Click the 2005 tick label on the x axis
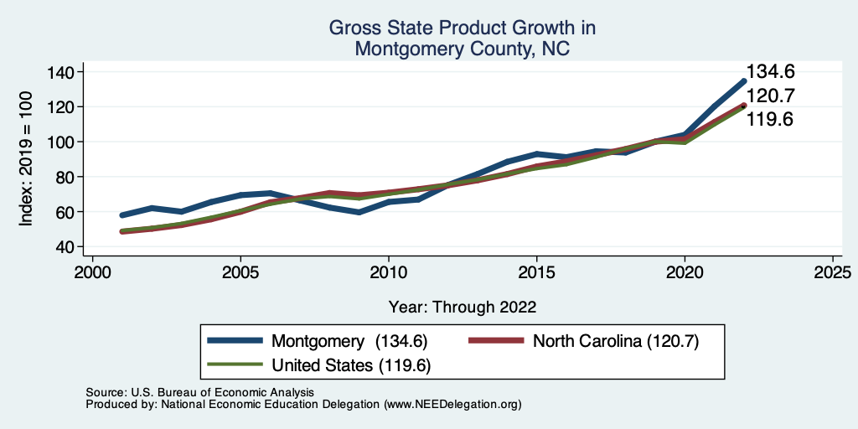(240, 273)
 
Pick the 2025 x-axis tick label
(832, 273)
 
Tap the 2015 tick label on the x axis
(536, 273)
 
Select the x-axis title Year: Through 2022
(463, 306)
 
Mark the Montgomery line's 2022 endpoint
(743, 81)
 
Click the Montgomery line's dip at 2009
(359, 212)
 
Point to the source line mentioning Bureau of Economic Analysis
(199, 392)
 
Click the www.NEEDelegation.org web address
(452, 404)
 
